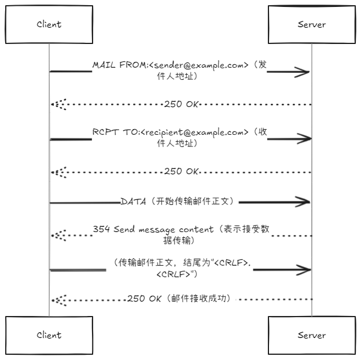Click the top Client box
pyautogui.click(x=49, y=24)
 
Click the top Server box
pyautogui.click(x=311, y=24)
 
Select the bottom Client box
pyautogui.click(x=49, y=335)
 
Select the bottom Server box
pyautogui.click(x=311, y=335)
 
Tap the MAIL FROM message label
pyautogui.click(x=180, y=71)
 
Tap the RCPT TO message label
pyautogui.click(x=180, y=137)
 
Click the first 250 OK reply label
pyautogui.click(x=182, y=105)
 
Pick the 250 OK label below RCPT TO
pyautogui.click(x=182, y=171)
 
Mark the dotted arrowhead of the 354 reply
pyautogui.click(x=57, y=236)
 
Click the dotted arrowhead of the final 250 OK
pyautogui.click(x=57, y=299)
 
